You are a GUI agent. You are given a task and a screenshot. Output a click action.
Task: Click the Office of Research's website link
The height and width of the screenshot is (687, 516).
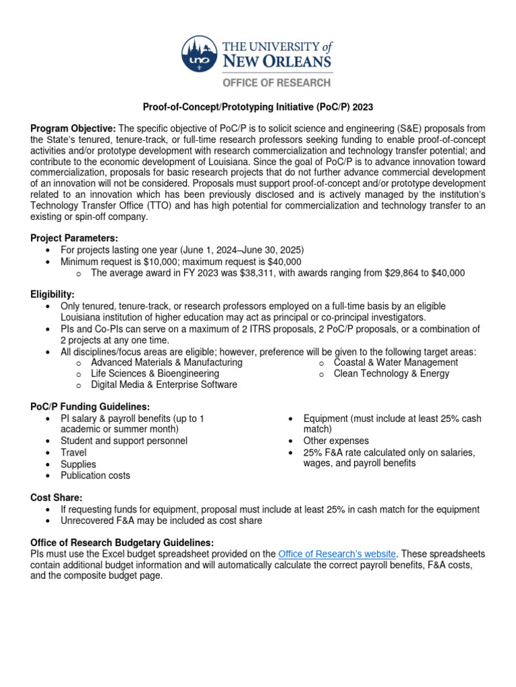click(x=337, y=553)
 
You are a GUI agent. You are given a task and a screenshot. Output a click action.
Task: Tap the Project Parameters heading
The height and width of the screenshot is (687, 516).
click(x=74, y=238)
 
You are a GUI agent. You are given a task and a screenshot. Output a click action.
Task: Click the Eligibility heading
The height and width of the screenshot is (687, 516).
click(x=52, y=295)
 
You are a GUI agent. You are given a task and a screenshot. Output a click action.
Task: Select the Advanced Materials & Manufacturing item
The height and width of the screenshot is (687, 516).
click(x=166, y=362)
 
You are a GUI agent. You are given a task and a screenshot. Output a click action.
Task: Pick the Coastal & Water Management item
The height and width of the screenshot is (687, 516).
click(x=396, y=362)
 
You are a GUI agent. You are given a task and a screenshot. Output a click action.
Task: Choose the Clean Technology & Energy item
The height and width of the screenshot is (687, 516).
click(x=391, y=374)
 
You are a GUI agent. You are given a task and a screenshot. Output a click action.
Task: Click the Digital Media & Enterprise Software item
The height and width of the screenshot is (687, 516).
click(x=163, y=385)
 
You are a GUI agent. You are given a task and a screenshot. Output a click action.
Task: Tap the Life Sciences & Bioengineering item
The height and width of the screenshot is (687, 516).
click(x=155, y=374)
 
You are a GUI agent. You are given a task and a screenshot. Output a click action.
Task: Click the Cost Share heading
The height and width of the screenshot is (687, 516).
click(x=56, y=497)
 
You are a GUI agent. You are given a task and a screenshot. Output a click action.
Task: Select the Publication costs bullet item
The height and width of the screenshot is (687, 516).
click(x=95, y=476)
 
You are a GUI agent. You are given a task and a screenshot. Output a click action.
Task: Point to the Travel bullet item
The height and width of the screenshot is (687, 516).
click(x=73, y=452)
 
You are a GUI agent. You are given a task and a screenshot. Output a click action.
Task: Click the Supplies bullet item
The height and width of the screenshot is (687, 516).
click(x=78, y=464)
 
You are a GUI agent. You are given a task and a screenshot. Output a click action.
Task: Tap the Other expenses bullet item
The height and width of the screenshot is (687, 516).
click(x=336, y=441)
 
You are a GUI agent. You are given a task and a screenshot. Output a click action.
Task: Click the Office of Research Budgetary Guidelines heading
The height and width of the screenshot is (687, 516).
click(x=122, y=542)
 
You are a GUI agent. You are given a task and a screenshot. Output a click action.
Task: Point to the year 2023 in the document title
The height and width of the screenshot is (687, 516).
click(x=361, y=107)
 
